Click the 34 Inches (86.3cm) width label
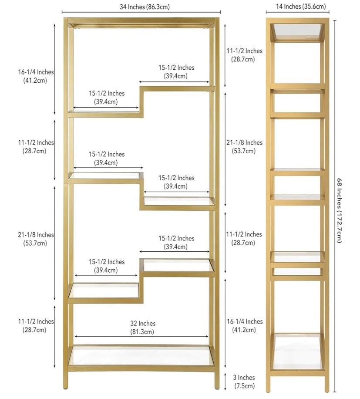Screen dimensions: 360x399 tap(145, 7)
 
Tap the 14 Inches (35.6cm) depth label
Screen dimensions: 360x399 tap(301, 7)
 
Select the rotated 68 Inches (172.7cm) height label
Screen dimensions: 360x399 tap(340, 210)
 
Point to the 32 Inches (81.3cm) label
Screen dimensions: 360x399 tap(143, 328)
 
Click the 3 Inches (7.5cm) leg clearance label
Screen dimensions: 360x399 tap(244, 382)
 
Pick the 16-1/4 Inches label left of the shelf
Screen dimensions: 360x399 tap(36, 76)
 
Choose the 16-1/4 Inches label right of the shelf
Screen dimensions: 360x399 tap(245, 325)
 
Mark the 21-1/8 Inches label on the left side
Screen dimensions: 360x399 tap(36, 239)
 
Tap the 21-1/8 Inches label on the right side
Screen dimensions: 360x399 tap(244, 146)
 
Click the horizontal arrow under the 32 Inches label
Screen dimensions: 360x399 tap(141, 336)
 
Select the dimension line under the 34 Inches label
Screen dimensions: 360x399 tap(141, 12)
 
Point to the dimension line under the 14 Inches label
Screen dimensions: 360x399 tap(297, 12)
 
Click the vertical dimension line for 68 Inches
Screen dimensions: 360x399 tap(335, 206)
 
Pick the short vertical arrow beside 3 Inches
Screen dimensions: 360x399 tap(225, 382)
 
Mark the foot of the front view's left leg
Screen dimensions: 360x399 tap(66, 388)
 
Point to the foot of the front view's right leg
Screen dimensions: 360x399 tap(217, 388)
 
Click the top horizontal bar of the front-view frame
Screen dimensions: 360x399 tap(141, 20)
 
